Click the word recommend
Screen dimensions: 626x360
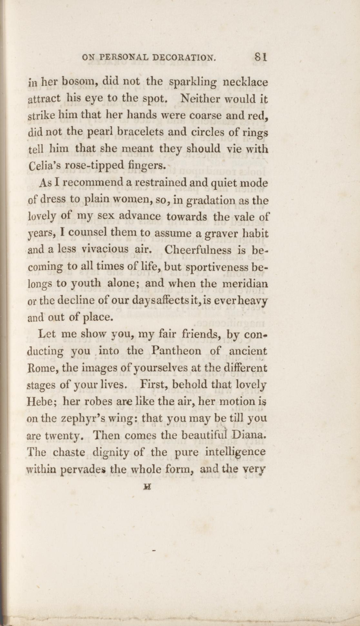92,183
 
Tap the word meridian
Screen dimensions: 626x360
246,284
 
